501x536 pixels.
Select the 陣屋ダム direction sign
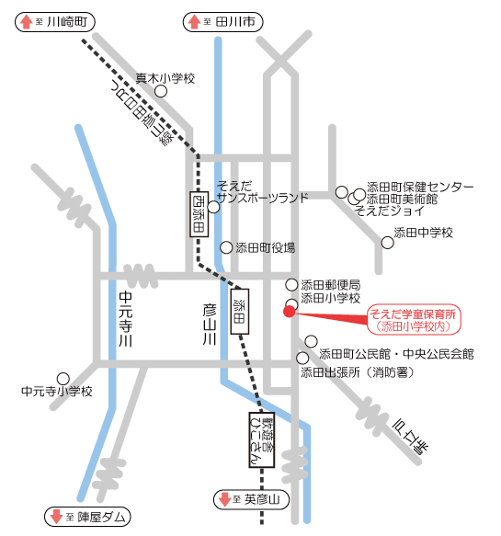tap(87, 515)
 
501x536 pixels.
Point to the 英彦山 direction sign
tap(252, 500)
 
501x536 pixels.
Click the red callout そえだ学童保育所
tap(414, 319)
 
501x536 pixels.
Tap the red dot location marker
tap(289, 312)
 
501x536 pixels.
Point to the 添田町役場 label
tap(265, 247)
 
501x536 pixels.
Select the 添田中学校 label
tap(424, 233)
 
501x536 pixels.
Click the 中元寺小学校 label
tap(56, 392)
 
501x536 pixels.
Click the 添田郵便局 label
tap(330, 285)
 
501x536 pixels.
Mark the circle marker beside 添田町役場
tap(227, 247)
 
